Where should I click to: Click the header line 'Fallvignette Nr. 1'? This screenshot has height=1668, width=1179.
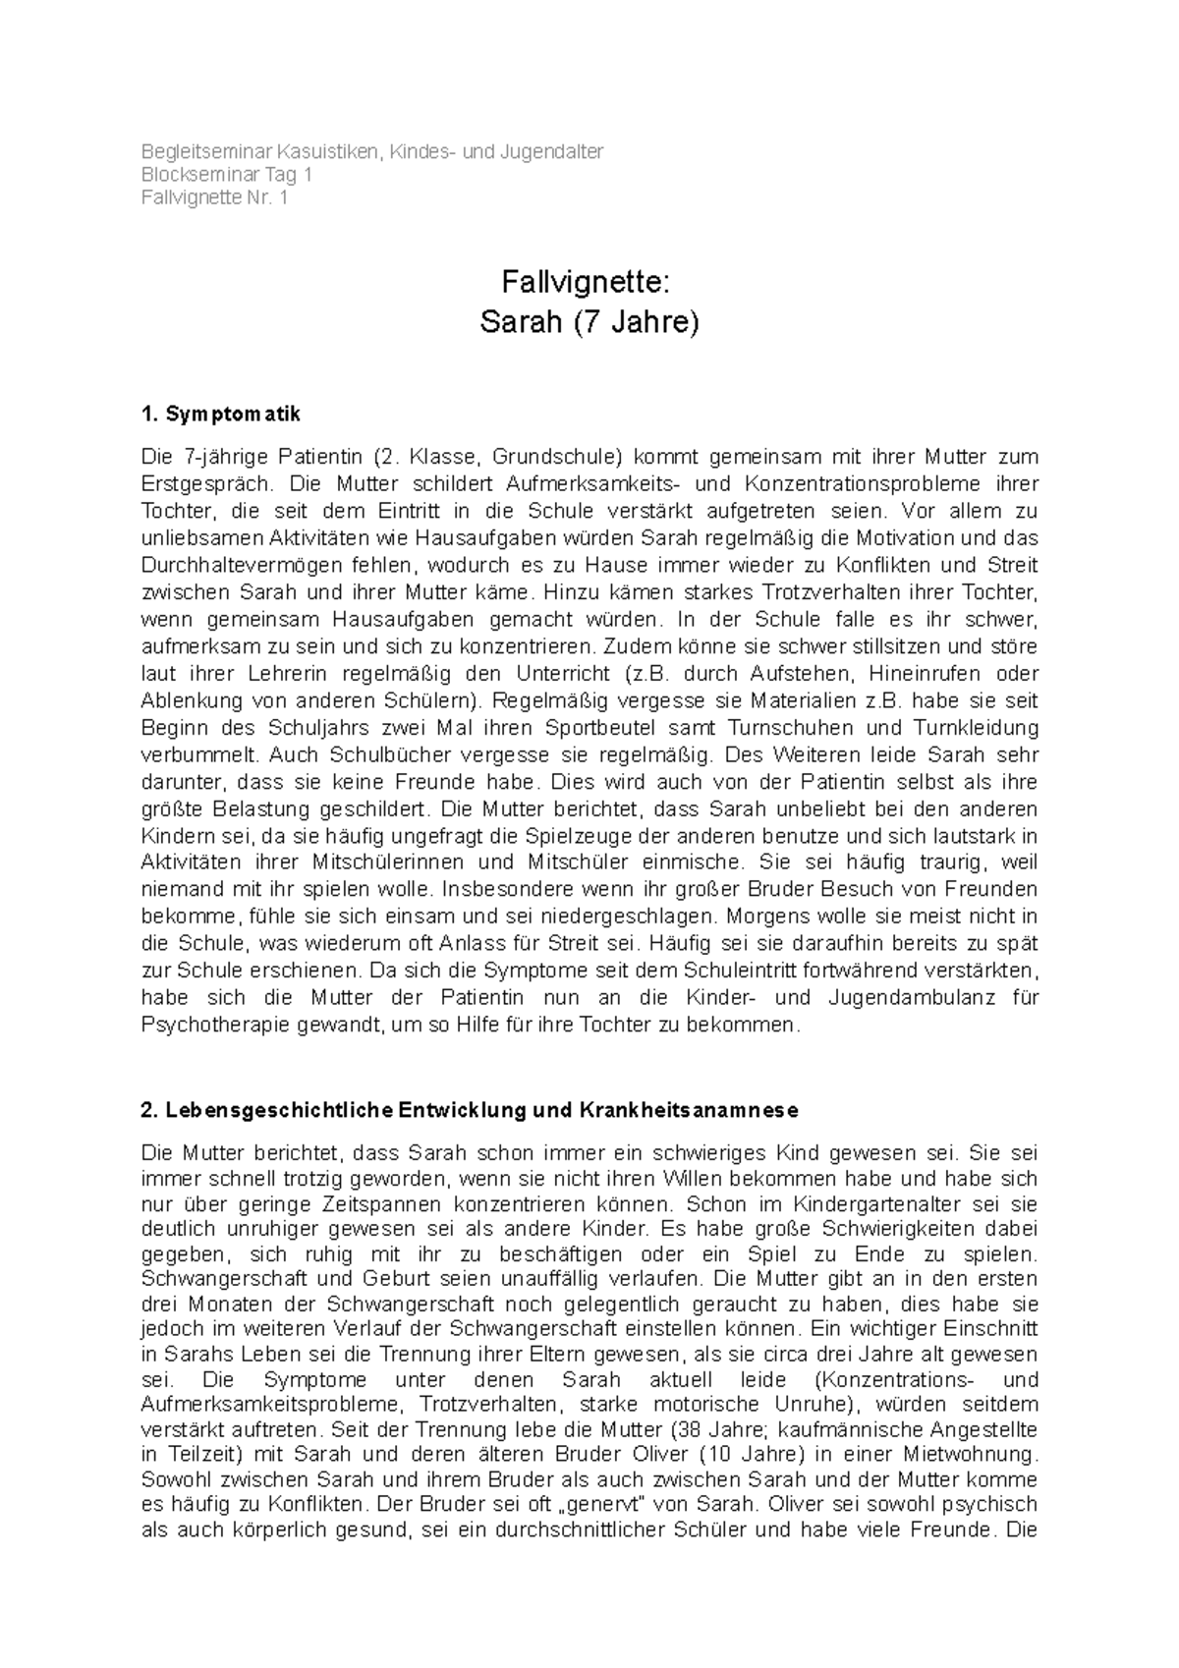(x=215, y=197)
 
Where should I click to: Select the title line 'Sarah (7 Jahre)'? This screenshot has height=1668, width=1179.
(x=589, y=322)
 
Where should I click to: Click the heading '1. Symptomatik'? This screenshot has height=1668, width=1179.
(x=221, y=415)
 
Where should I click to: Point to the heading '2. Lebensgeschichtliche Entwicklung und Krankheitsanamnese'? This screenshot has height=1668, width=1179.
(x=471, y=1110)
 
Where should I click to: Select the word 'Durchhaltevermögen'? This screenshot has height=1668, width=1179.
(x=229, y=566)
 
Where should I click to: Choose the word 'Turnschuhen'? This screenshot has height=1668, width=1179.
(x=785, y=729)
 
